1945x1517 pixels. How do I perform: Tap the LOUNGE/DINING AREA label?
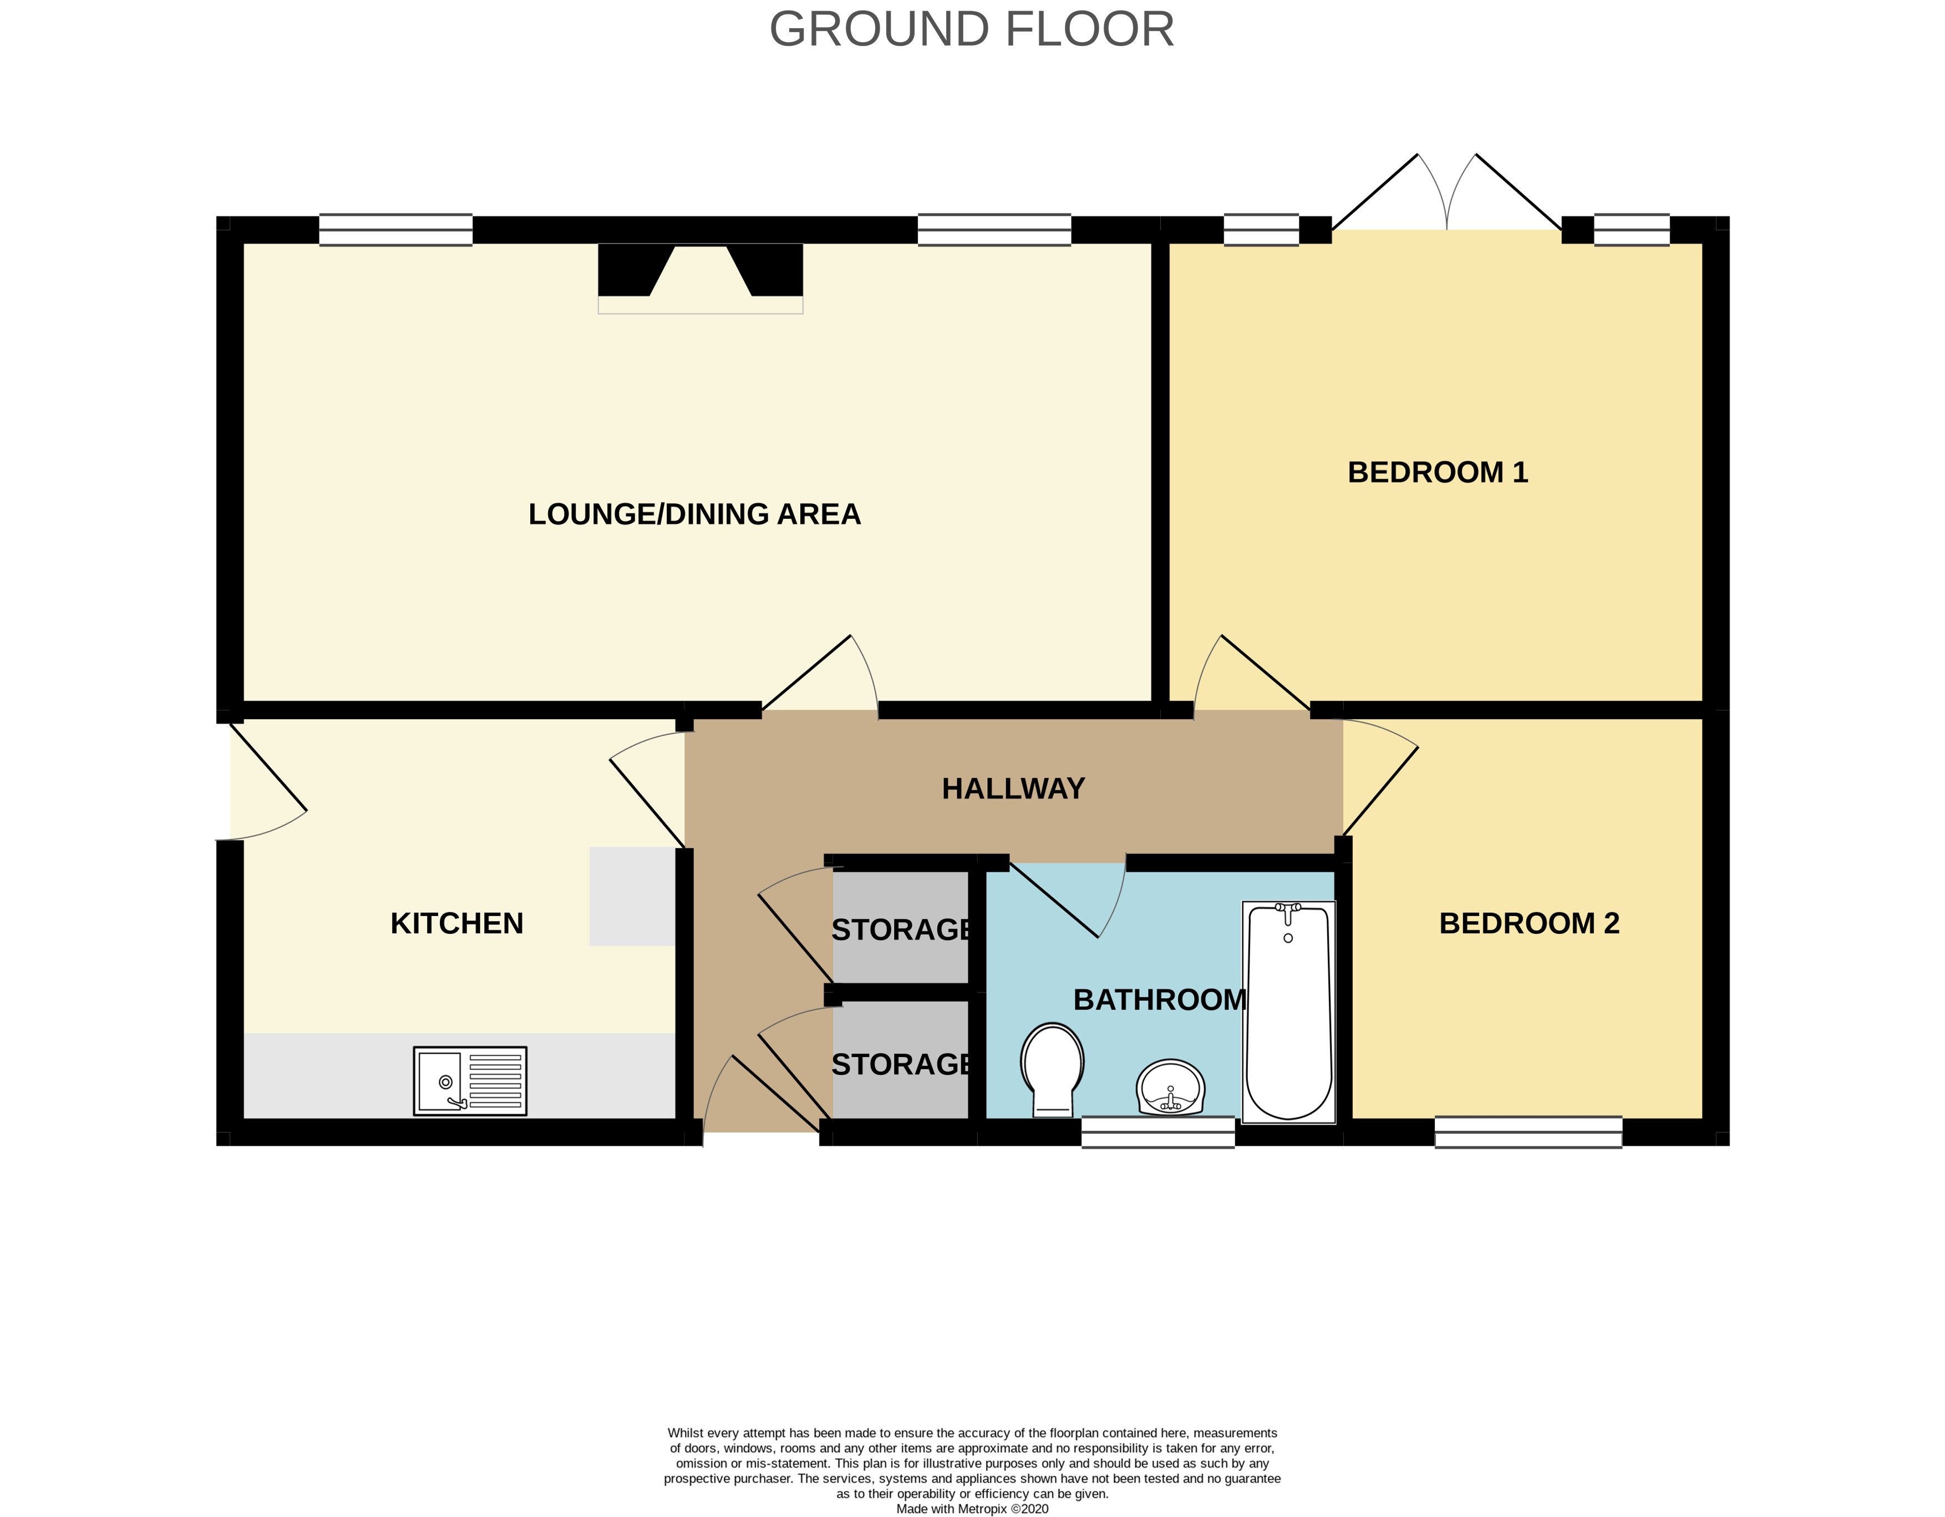pos(694,514)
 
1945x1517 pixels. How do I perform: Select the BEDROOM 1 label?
pos(1438,472)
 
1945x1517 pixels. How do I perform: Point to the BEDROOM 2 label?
pos(1528,923)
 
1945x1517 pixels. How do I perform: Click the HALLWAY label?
pos(1013,788)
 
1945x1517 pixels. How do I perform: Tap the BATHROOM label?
pos(1160,999)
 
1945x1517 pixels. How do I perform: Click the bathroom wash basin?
pos(1170,1088)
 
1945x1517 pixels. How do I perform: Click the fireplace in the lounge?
pos(700,276)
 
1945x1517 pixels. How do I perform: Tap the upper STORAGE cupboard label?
pos(900,929)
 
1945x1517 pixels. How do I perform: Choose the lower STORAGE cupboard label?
pos(900,1064)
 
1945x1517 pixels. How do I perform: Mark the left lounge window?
pos(395,230)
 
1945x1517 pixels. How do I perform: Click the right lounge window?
pos(994,230)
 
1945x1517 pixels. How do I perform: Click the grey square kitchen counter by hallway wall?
pos(631,896)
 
